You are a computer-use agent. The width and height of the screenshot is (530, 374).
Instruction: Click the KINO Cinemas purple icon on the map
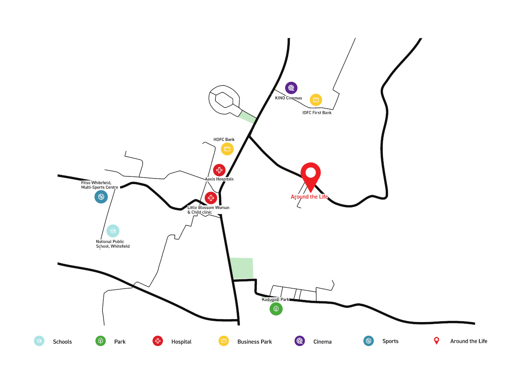coord(291,88)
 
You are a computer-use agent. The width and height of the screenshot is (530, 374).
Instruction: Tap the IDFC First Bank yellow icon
coord(316,100)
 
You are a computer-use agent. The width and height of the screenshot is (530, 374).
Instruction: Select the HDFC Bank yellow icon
coord(227,149)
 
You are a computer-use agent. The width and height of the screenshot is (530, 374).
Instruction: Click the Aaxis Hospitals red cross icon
coord(219,170)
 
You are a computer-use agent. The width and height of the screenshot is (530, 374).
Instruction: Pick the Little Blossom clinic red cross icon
coord(211,198)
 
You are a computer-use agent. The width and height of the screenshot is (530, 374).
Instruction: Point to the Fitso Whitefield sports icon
coord(101,197)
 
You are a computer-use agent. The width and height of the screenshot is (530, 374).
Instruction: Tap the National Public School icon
coord(113,231)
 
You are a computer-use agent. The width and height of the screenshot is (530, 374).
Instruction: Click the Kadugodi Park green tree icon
coord(276,309)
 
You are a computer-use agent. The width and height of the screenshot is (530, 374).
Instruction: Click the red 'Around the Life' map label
coord(309,197)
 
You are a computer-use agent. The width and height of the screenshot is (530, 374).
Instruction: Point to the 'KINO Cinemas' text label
coord(288,98)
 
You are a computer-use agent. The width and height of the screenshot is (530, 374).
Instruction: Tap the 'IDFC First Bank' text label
coord(317,113)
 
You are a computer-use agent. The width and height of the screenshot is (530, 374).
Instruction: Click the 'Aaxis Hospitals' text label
coord(219,179)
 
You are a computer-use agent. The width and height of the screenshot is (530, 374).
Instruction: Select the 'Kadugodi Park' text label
coord(275,299)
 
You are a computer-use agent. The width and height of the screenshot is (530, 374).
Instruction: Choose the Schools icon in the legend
coord(39,341)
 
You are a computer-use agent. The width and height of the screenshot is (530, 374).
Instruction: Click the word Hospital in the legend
coord(181,342)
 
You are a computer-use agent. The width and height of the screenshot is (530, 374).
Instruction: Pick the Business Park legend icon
coord(224,341)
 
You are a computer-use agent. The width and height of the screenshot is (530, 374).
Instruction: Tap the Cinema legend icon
coord(300,341)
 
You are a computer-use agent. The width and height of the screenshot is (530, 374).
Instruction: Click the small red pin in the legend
coord(436,341)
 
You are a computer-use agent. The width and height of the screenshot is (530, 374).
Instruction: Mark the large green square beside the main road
coord(241,268)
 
